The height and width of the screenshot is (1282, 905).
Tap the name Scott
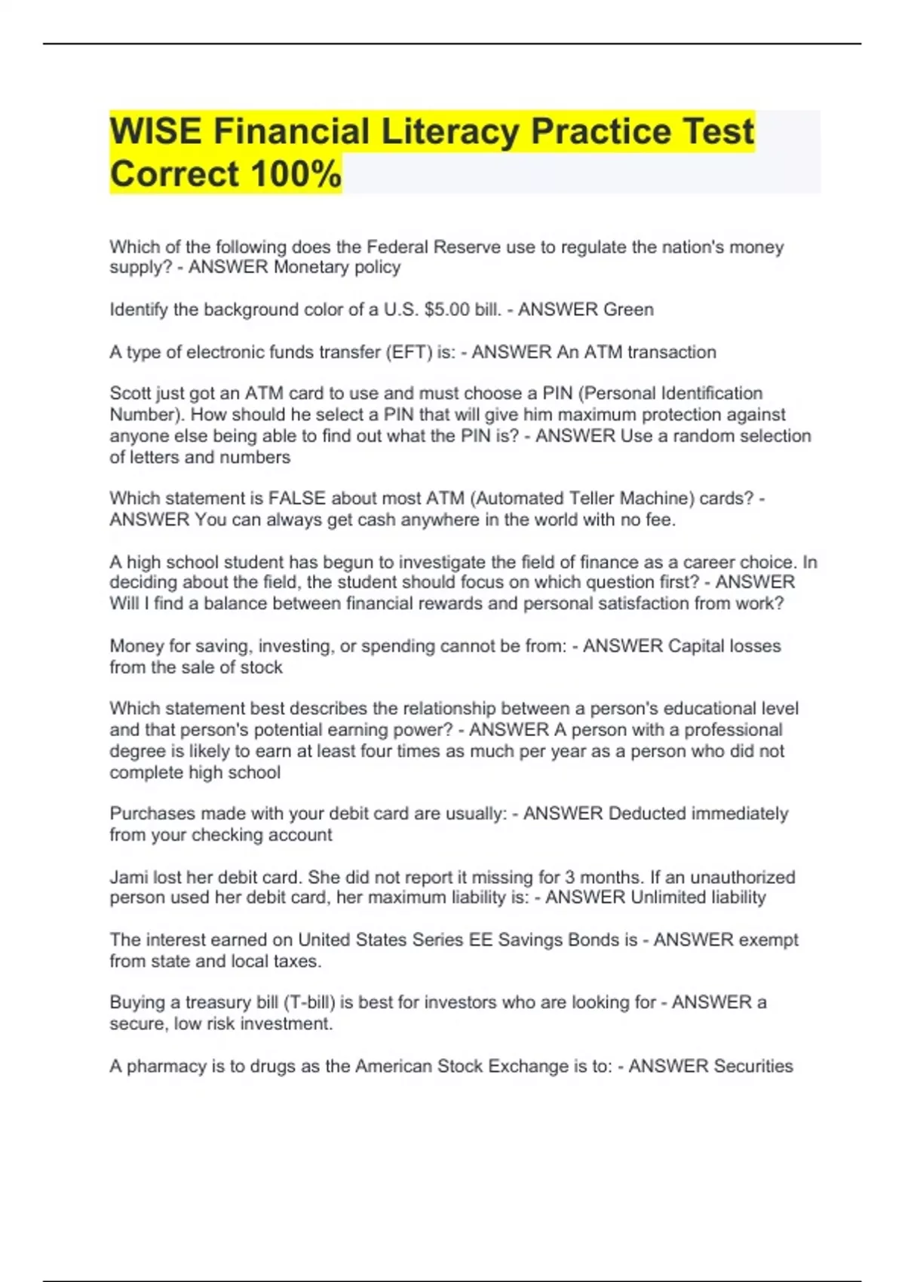(130, 393)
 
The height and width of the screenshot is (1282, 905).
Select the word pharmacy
(161, 1066)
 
